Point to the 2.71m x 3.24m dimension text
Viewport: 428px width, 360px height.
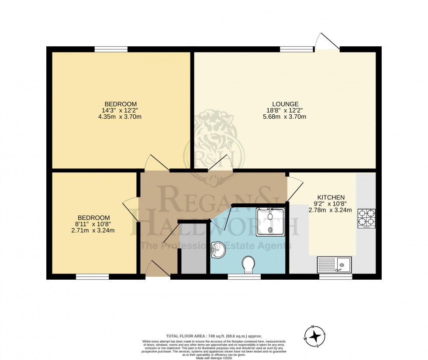(94, 230)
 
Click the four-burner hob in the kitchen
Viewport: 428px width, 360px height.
(366, 219)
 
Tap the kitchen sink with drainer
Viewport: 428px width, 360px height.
(334, 264)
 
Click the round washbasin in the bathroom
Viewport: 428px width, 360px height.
(217, 250)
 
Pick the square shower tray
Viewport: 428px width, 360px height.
(270, 222)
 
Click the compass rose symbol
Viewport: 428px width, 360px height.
(314, 336)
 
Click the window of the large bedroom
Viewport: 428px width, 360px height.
(111, 49)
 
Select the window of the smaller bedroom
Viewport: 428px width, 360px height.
(92, 277)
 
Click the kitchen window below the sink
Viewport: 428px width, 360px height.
(335, 277)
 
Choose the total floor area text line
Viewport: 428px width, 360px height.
(214, 336)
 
